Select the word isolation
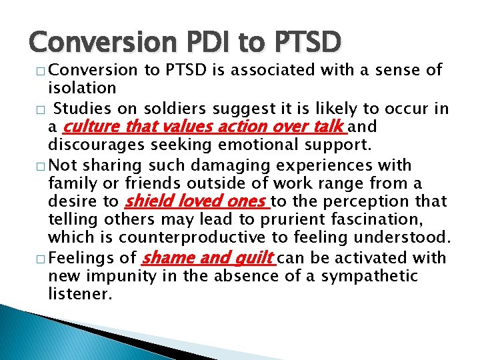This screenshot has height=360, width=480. click(83, 88)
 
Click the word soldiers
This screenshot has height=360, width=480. click(169, 109)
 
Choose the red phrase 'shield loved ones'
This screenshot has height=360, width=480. click(197, 201)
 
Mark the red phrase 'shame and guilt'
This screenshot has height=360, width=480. click(207, 257)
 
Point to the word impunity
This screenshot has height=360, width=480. click(121, 276)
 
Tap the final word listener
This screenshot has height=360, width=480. click(75, 293)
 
